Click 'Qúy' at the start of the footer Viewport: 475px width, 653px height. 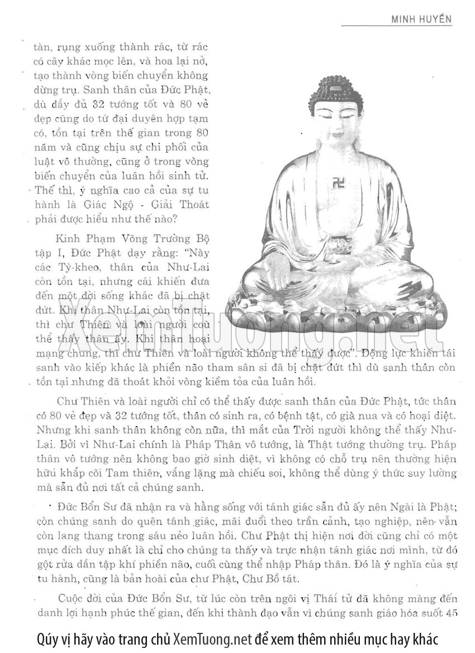pyautogui.click(x=46, y=638)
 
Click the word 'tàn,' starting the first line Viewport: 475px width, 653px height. pyautogui.click(x=44, y=47)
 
